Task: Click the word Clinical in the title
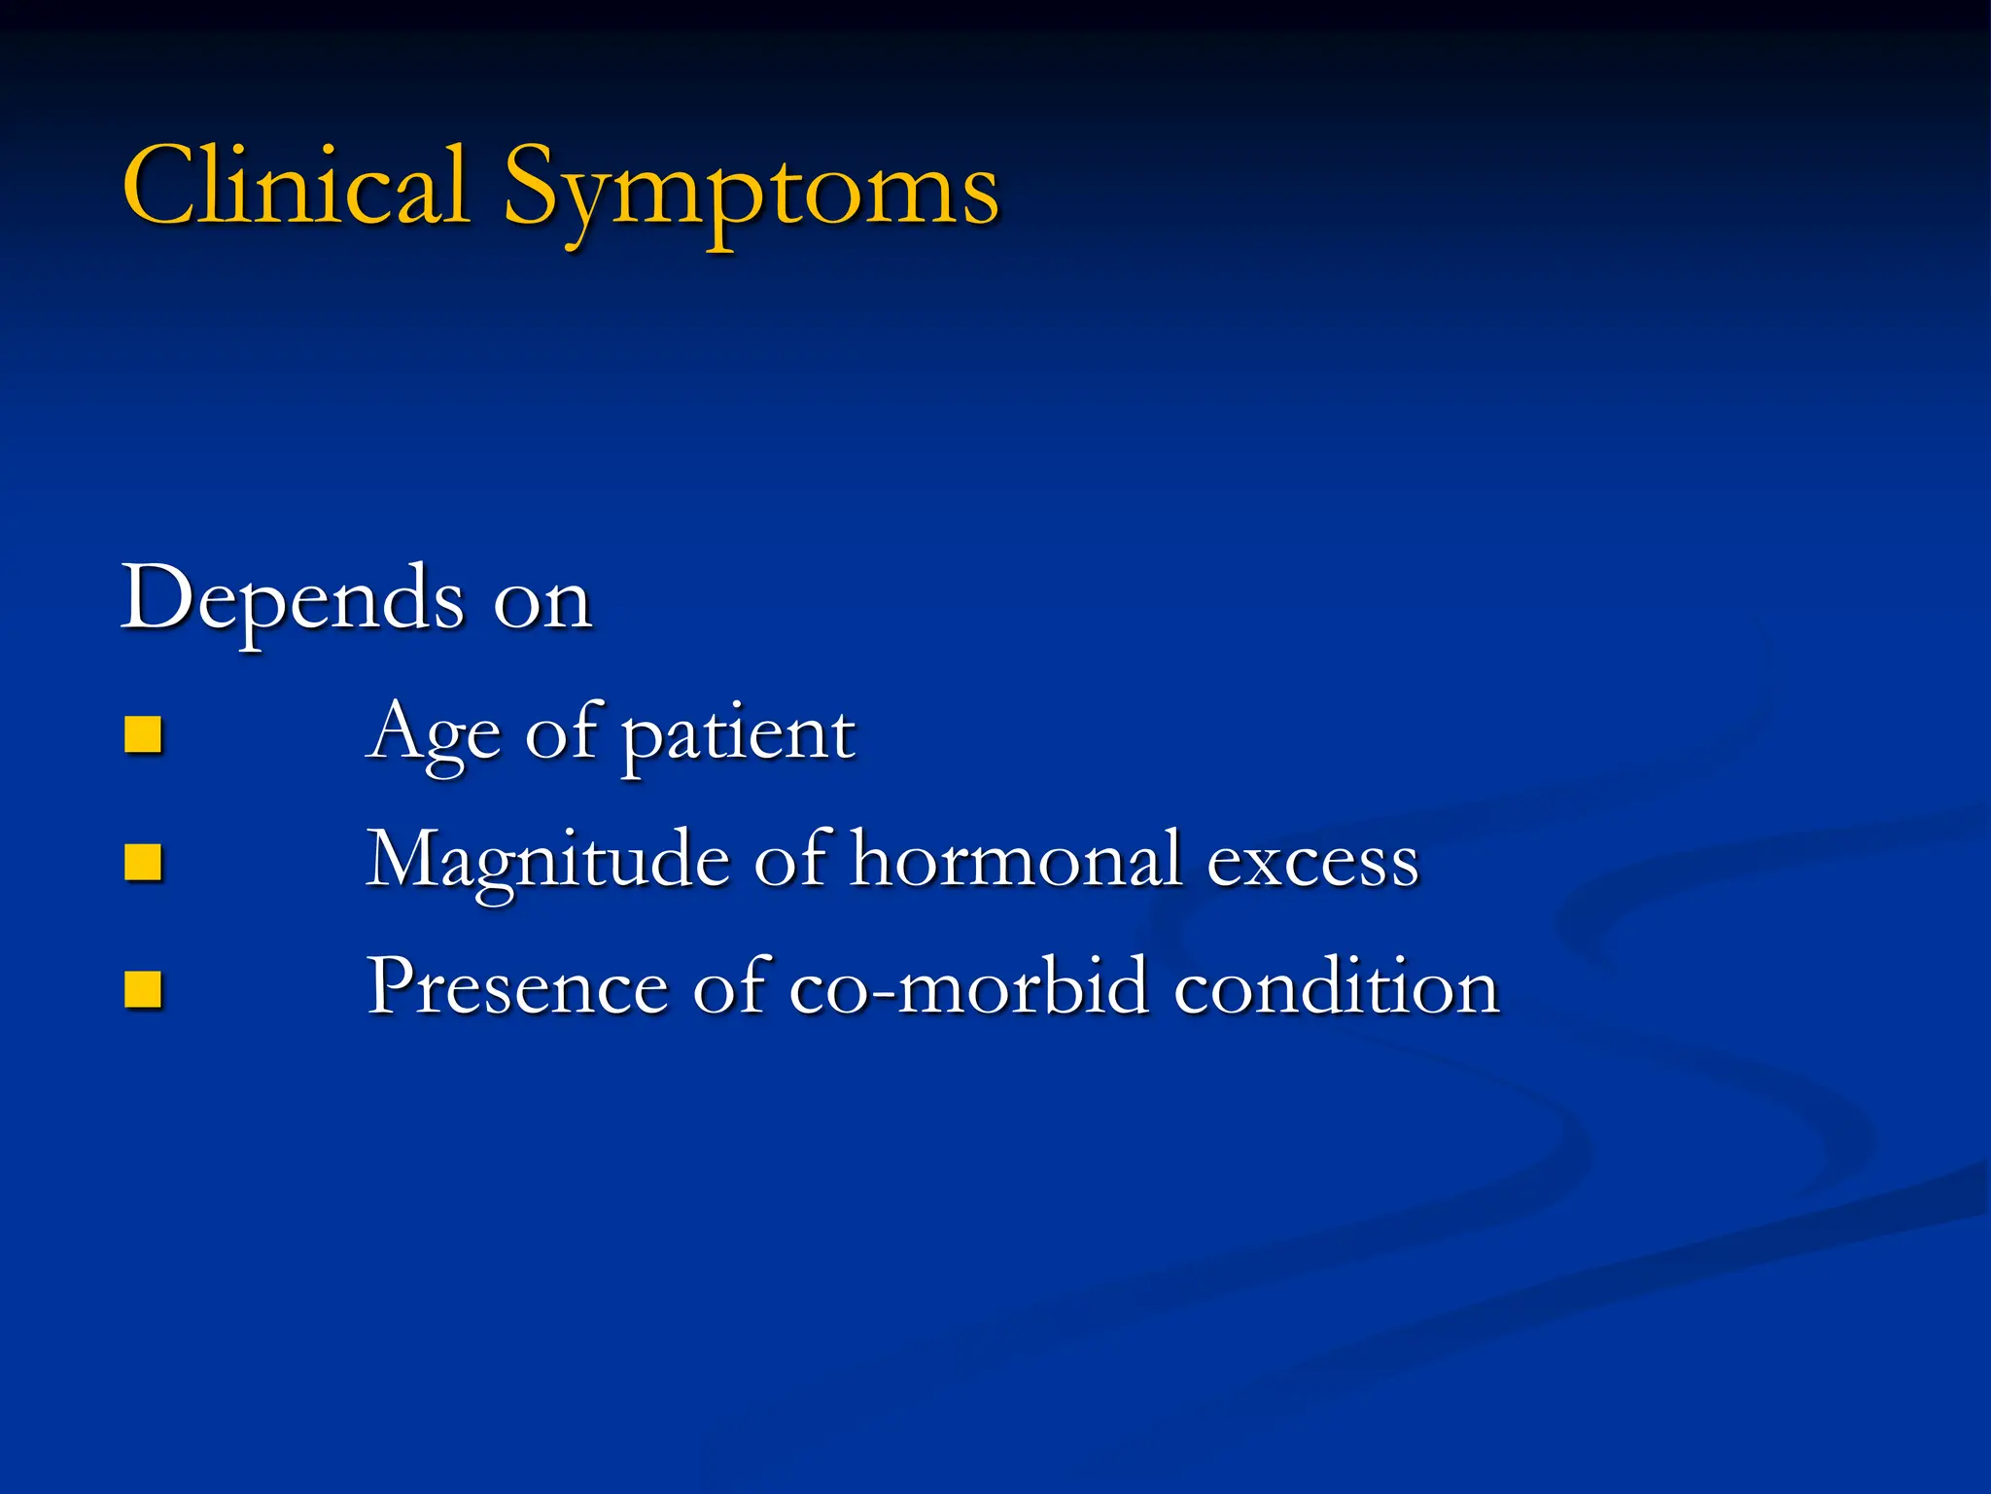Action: pyautogui.click(x=297, y=187)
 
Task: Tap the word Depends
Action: pyautogui.click(x=292, y=599)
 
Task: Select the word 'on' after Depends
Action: pyautogui.click(x=542, y=604)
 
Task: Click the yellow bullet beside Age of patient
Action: pyautogui.click(x=143, y=735)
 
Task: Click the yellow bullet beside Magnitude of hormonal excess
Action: pyautogui.click(x=143, y=862)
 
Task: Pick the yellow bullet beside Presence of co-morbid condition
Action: pyautogui.click(x=143, y=990)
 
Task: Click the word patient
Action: pyautogui.click(x=738, y=735)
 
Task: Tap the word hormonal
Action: pyautogui.click(x=1016, y=860)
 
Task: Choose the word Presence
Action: pyautogui.click(x=517, y=986)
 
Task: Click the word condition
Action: pyautogui.click(x=1337, y=986)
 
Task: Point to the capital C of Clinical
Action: pyautogui.click(x=160, y=185)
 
